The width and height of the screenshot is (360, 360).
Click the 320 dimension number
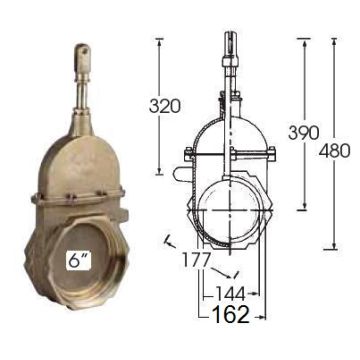(x=165, y=106)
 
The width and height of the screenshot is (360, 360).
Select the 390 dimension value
(x=304, y=133)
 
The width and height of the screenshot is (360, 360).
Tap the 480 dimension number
(x=334, y=151)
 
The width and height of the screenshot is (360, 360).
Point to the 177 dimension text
(x=197, y=260)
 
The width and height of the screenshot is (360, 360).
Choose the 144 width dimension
(x=230, y=294)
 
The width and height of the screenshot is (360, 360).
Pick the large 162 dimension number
(x=231, y=314)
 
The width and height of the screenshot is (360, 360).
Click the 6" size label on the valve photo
(x=80, y=260)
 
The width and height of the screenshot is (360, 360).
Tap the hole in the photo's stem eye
(x=84, y=51)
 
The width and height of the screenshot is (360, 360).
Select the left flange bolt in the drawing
(x=189, y=153)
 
